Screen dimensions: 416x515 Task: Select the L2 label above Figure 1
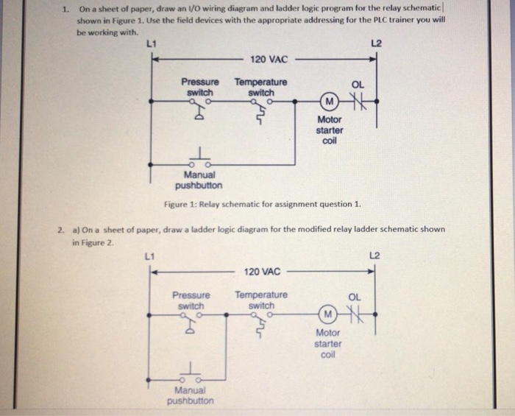pyautogui.click(x=376, y=44)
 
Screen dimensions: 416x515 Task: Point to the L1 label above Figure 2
pyautogui.click(x=149, y=256)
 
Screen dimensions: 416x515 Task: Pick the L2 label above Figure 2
pyautogui.click(x=375, y=255)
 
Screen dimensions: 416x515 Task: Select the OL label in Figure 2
pyautogui.click(x=355, y=297)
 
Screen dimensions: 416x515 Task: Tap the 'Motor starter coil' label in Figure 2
pyautogui.click(x=327, y=344)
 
